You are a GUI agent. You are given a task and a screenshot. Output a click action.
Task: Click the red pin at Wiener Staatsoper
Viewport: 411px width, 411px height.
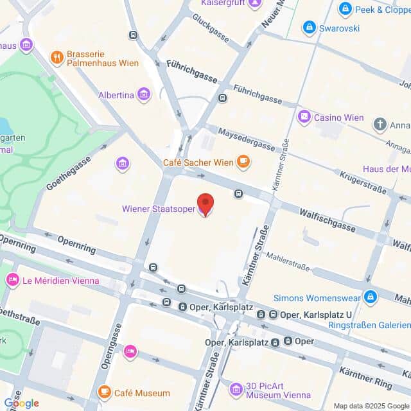(x=205, y=205)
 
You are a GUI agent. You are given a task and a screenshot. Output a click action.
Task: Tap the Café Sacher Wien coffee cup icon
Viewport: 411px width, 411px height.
(x=243, y=162)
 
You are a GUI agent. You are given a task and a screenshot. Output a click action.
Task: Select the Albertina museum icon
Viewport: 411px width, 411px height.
(x=143, y=95)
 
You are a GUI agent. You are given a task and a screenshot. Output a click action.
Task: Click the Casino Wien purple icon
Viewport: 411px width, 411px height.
(x=304, y=118)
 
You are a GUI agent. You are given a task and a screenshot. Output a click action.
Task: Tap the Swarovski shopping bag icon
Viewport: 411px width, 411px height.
(x=310, y=28)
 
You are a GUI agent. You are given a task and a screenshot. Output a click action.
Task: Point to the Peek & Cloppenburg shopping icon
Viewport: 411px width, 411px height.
(x=345, y=9)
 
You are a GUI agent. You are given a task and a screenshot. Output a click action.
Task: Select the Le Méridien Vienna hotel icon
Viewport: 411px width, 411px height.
(x=12, y=280)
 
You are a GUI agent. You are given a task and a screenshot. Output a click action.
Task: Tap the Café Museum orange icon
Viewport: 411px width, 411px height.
(x=103, y=392)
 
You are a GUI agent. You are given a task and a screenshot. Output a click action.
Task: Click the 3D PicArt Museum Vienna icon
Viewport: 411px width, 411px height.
(x=236, y=389)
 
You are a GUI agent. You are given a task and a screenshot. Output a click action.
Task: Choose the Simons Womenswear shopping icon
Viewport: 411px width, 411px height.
(x=370, y=297)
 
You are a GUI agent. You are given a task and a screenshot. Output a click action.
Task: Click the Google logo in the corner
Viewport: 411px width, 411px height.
(x=21, y=403)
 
